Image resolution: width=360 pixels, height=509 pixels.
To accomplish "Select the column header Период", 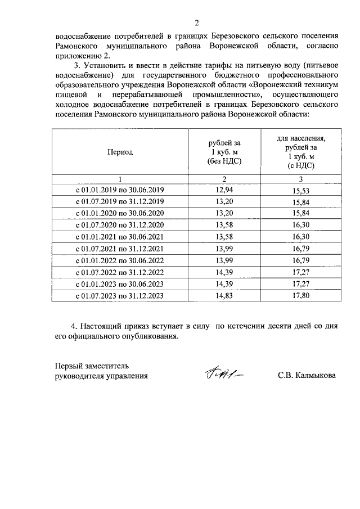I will (x=120, y=152).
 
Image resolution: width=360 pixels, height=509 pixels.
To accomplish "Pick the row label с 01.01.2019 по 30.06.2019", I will (x=120, y=190).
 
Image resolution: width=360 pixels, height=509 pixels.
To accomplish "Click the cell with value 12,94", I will (x=224, y=190).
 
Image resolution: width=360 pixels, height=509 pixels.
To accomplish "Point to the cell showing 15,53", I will (x=301, y=191).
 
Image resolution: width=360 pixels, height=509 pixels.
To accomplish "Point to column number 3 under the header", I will (x=301, y=179).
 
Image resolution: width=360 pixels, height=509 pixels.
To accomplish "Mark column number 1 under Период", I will (x=120, y=179).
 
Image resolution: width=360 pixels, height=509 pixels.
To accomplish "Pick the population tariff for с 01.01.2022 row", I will (x=301, y=261).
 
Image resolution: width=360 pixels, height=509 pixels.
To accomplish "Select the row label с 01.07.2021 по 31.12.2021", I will (x=120, y=249).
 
